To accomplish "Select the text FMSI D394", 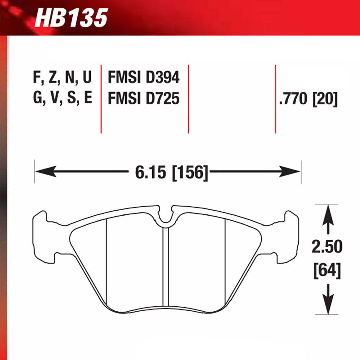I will coord(143,77).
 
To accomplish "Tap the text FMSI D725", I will coord(143,98).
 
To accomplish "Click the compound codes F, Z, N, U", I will coord(62,77).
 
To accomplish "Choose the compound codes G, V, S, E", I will coord(62,98).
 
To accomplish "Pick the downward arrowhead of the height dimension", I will coord(328,304).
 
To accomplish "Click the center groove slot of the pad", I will coord(166,266).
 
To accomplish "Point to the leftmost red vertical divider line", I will coord(101,99).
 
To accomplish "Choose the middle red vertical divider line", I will coord(188,99).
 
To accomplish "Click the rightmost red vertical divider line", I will coord(275,99).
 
